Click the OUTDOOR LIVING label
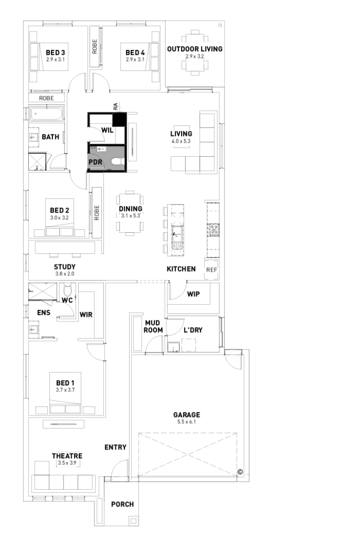(x=195, y=49)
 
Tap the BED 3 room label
(x=55, y=52)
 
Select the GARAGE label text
(x=187, y=415)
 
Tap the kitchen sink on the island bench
(x=177, y=238)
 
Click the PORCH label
(x=122, y=504)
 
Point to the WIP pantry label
(x=194, y=294)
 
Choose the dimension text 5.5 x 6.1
(x=187, y=422)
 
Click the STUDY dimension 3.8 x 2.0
(x=65, y=273)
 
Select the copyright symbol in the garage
(x=240, y=471)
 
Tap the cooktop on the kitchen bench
(x=213, y=229)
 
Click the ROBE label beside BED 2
(x=97, y=211)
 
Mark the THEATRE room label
(x=67, y=456)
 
